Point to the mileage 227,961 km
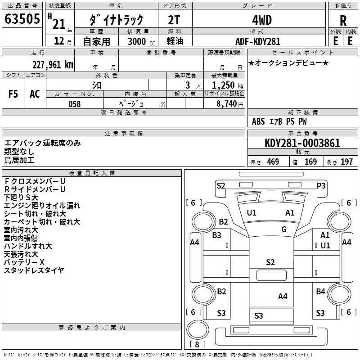53,64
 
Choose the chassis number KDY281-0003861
302,143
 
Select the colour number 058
74,104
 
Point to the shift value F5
13,94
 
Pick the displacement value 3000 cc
139,41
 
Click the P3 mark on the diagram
321,185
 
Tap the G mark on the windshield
284,229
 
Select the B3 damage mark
217,235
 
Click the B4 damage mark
320,291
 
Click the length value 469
273,162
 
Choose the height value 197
346,162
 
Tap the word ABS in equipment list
258,121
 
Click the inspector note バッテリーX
24,262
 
